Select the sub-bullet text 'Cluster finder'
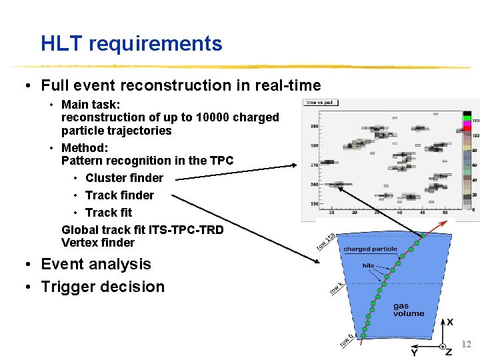(x=124, y=178)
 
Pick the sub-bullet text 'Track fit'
(x=109, y=213)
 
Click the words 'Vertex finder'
(x=97, y=243)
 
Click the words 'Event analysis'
(x=96, y=264)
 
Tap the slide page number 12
(x=466, y=345)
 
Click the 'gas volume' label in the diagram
(x=408, y=310)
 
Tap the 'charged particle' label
(x=370, y=249)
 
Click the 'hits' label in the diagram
(x=368, y=265)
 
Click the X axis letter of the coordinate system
(x=450, y=322)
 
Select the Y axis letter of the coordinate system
(x=414, y=352)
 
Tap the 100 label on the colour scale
(x=475, y=136)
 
